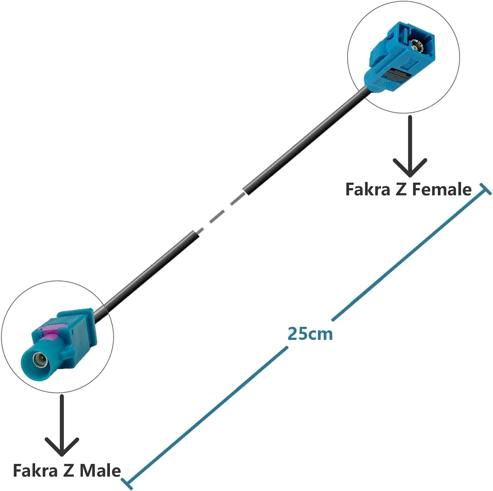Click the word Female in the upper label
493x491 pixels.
point(441,189)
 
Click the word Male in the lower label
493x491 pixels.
point(100,470)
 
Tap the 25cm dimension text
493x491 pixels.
point(310,334)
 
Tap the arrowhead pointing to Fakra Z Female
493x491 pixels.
point(410,169)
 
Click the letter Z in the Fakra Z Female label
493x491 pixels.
point(401,189)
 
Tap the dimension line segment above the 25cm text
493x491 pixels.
point(407,256)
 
